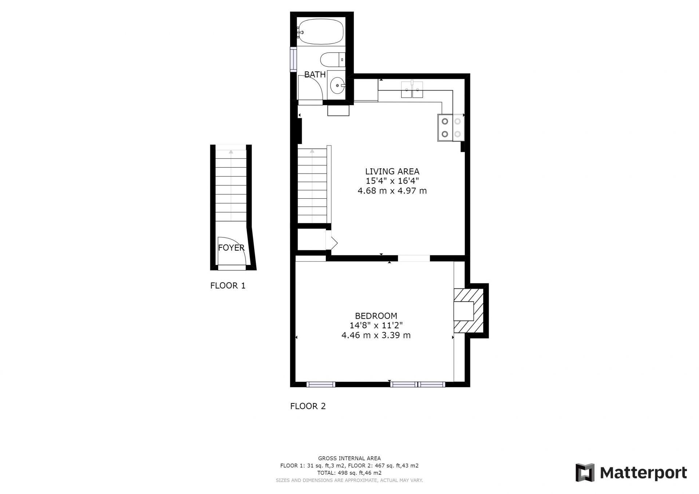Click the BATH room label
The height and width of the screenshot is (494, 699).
315,75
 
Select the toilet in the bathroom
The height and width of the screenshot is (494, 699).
332,59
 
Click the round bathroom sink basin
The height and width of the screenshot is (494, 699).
337,85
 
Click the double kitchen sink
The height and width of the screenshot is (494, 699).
412,89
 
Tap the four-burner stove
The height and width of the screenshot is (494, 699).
451,127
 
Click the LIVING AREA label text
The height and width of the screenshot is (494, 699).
392,171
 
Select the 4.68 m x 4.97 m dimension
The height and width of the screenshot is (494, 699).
392,191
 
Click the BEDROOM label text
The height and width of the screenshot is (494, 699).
376,316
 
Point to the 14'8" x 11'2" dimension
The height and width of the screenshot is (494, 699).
376,325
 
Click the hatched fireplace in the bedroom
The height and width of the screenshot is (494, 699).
469,311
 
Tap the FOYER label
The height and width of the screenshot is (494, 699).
231,248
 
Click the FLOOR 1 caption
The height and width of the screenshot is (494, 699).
228,286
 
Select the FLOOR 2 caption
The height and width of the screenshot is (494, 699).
308,406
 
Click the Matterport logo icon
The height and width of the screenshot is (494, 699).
585,473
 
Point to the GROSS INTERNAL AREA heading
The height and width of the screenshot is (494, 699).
349,458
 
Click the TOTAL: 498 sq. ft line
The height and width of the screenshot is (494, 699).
349,473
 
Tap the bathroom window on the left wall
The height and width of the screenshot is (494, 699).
293,59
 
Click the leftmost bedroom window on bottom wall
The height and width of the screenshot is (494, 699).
321,385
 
